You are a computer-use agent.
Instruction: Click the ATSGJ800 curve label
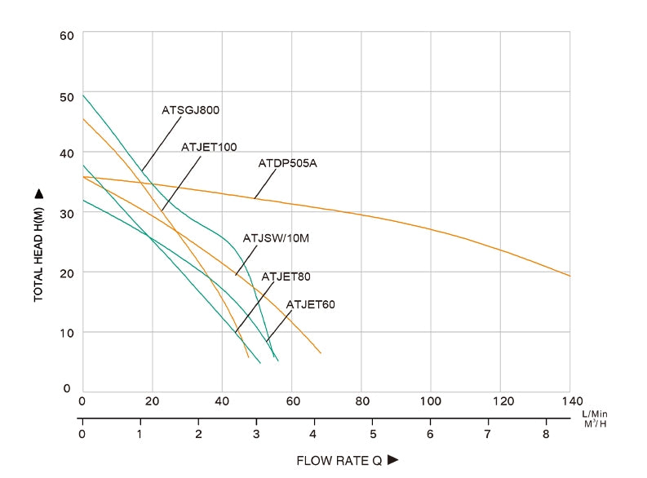pyautogui.click(x=191, y=109)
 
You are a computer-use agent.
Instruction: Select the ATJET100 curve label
pyautogui.click(x=209, y=147)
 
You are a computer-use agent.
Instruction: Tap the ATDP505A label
pyautogui.click(x=287, y=163)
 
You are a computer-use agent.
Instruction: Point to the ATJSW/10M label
pyautogui.click(x=277, y=238)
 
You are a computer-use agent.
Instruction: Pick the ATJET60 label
pyautogui.click(x=310, y=305)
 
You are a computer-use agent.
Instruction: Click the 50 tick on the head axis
pyautogui.click(x=67, y=95)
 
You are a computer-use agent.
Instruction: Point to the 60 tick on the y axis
pyautogui.click(x=67, y=35)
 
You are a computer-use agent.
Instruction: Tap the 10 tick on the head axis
pyautogui.click(x=67, y=332)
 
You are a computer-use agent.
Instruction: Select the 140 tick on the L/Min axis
pyautogui.click(x=569, y=401)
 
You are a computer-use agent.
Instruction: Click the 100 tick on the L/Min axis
pyautogui.click(x=430, y=401)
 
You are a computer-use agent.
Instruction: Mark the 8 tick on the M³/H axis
pyautogui.click(x=545, y=432)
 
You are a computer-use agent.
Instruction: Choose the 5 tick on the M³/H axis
pyautogui.click(x=372, y=432)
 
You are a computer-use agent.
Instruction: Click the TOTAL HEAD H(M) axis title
pyautogui.click(x=38, y=253)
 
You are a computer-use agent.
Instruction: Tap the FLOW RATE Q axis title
pyautogui.click(x=339, y=461)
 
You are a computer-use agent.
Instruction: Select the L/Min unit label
pyautogui.click(x=596, y=414)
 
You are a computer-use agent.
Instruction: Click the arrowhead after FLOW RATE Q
pyautogui.click(x=392, y=461)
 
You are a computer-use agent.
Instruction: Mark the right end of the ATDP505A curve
pyautogui.click(x=569, y=276)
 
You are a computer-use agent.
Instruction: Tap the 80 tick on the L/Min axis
pyautogui.click(x=361, y=401)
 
